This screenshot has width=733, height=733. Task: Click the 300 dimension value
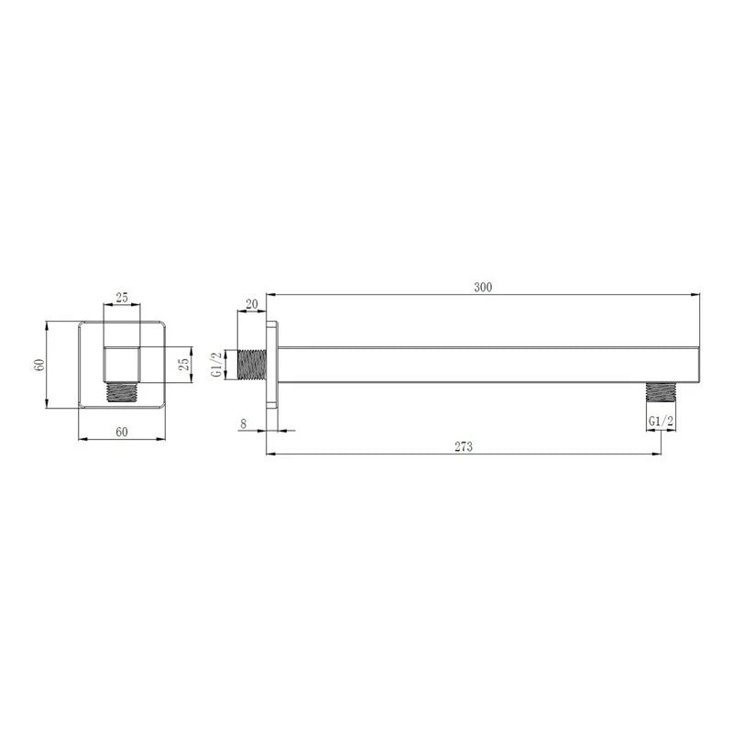point(483,287)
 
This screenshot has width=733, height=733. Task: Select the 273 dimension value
point(464,447)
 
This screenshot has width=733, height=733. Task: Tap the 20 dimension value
point(251,304)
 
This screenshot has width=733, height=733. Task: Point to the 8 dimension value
point(243,424)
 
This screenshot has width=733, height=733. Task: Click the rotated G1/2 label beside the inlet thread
point(216,365)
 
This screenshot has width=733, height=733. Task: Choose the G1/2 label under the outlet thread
point(661,421)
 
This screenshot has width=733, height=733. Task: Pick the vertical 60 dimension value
point(39,365)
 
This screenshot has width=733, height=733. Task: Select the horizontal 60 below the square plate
point(122,432)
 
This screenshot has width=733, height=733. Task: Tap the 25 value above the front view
point(122,298)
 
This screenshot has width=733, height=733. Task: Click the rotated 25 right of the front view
point(185,364)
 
